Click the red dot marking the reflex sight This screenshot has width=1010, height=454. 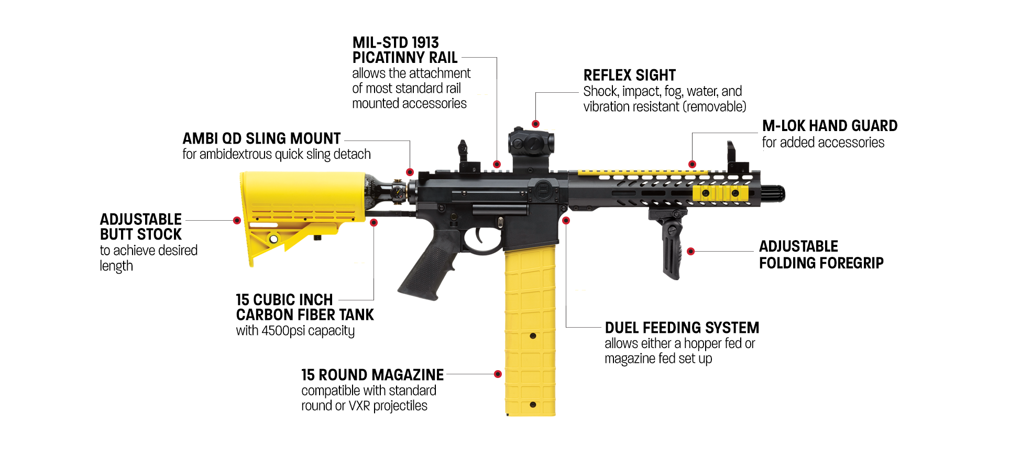pyautogui.click(x=535, y=124)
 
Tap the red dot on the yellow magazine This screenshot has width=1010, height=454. pyautogui.click(x=498, y=374)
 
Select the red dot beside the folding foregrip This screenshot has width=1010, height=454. pyautogui.click(x=691, y=252)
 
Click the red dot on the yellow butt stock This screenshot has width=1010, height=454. pyautogui.click(x=237, y=221)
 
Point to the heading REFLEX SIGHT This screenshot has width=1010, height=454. pyautogui.click(x=629, y=75)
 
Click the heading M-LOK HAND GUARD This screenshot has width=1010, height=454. pyautogui.click(x=829, y=126)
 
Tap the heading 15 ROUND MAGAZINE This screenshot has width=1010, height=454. pyautogui.click(x=372, y=375)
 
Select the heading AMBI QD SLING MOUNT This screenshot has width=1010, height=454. pyautogui.click(x=261, y=138)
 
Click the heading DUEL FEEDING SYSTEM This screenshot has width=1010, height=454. pyautogui.click(x=682, y=328)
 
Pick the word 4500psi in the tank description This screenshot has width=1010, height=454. pyautogui.click(x=283, y=331)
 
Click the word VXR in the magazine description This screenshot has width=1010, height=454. pyautogui.click(x=359, y=406)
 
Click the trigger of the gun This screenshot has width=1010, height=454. pyautogui.click(x=480, y=235)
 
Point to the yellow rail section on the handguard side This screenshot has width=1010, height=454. pyautogui.click(x=720, y=193)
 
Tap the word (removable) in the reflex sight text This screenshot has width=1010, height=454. pyautogui.click(x=715, y=107)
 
